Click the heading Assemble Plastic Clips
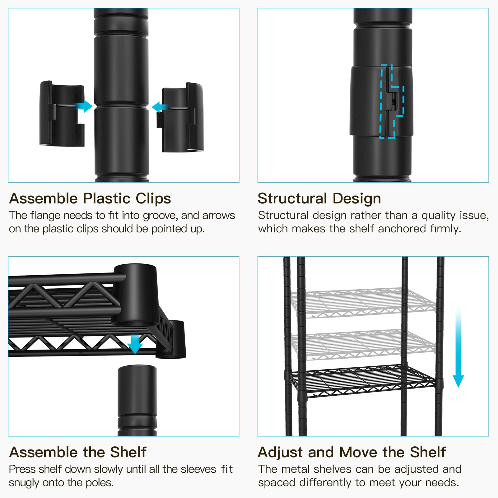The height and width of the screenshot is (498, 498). click(90, 198)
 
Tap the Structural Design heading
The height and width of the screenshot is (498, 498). click(319, 198)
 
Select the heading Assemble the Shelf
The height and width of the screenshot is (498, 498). click(77, 452)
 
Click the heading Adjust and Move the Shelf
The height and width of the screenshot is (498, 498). click(352, 452)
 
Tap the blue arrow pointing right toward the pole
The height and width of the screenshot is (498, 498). click(85, 106)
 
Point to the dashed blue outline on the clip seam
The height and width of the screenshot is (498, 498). click(392, 101)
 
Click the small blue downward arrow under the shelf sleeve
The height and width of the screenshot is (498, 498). click(135, 344)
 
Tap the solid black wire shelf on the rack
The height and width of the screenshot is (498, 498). click(362, 381)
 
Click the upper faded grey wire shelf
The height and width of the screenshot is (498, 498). click(362, 302)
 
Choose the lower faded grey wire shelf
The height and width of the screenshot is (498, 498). click(362, 344)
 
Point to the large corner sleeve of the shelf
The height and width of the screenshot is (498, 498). click(136, 294)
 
